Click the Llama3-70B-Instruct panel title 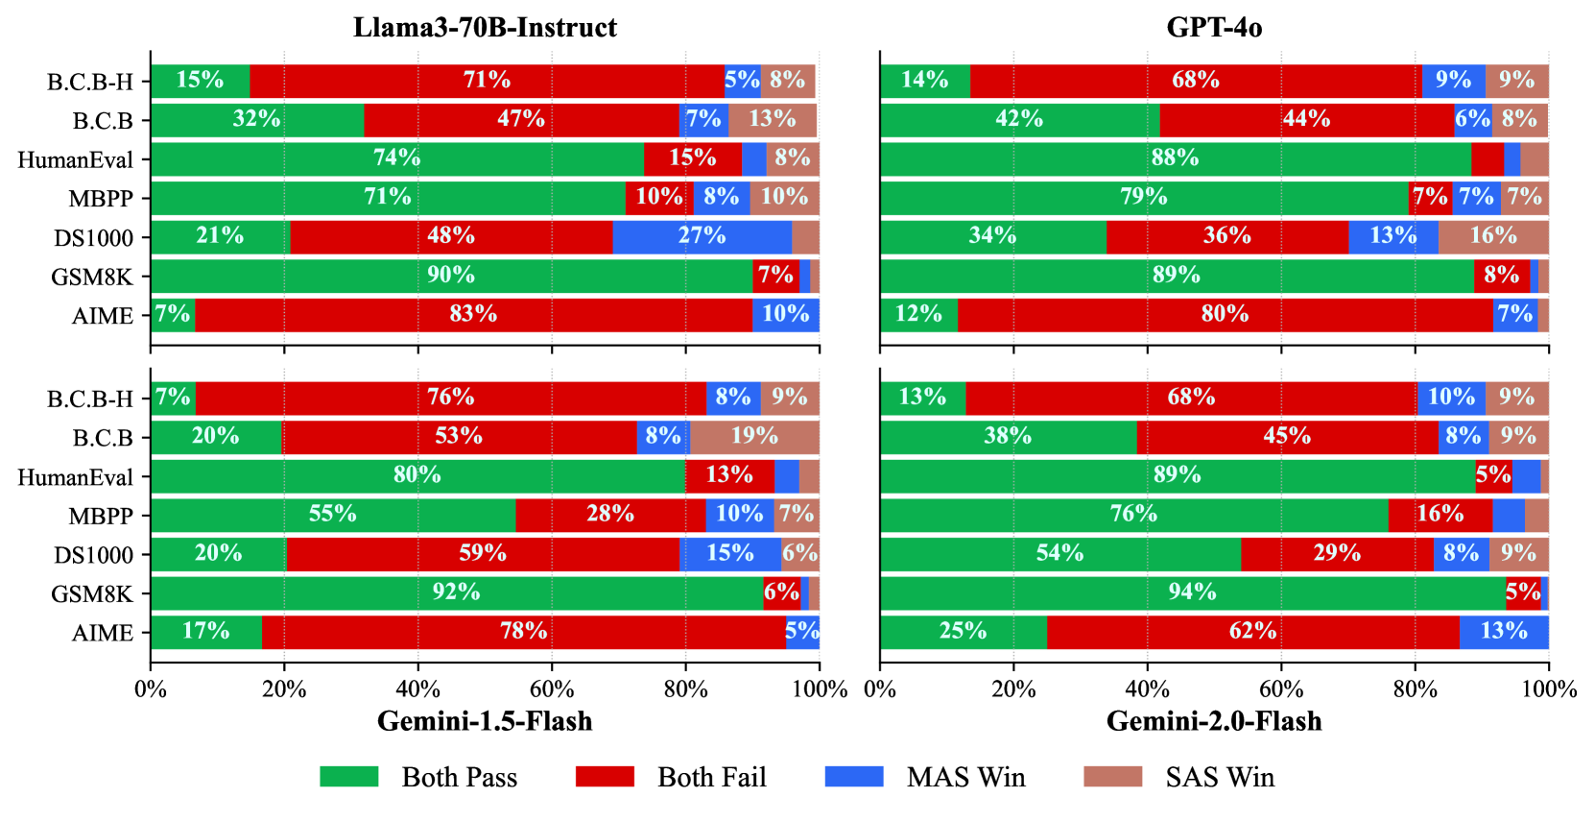(x=485, y=28)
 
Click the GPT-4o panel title (x=1214, y=28)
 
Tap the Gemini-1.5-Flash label (x=485, y=721)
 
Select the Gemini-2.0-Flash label (x=1214, y=721)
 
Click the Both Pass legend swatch (x=349, y=777)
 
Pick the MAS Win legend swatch (x=854, y=777)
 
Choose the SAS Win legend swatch (x=1113, y=777)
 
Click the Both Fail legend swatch (x=605, y=777)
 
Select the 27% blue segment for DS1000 (x=702, y=237)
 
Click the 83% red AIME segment (x=473, y=315)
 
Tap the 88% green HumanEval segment (x=1176, y=158)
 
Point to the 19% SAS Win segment (x=754, y=437)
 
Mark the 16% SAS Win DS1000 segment (x=1494, y=237)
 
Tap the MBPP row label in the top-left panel (x=101, y=198)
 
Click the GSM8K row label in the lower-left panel (x=92, y=593)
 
